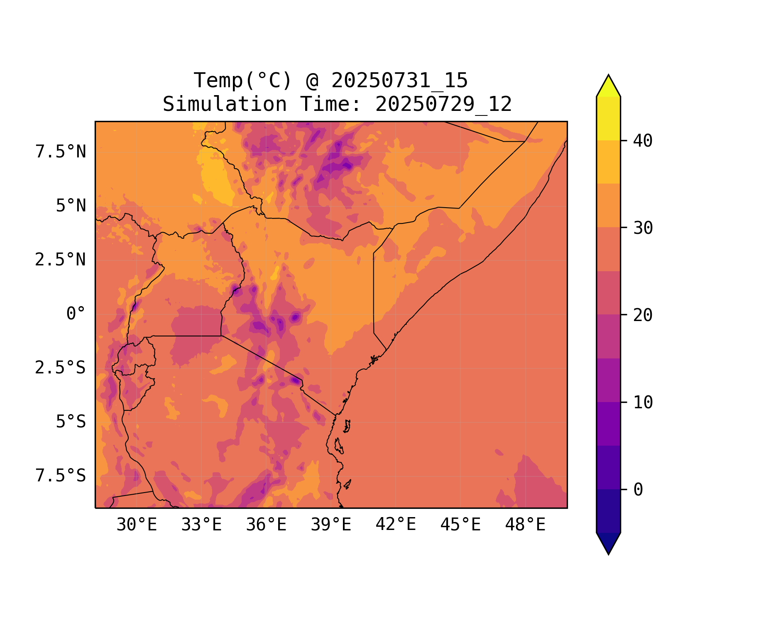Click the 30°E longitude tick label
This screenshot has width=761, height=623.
[137, 525]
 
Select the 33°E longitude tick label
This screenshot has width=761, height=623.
[201, 525]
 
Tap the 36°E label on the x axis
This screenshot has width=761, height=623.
[266, 525]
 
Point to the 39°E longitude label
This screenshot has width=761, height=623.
[331, 525]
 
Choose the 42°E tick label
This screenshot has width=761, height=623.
[396, 525]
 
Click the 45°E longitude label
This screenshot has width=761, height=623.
[460, 525]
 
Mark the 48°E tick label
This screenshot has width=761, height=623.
[525, 525]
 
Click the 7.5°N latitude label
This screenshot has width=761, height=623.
[61, 152]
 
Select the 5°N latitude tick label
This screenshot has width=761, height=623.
[71, 206]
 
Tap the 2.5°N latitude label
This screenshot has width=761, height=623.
[61, 260]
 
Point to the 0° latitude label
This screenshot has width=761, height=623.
[76, 314]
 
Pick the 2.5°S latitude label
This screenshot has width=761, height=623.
[61, 368]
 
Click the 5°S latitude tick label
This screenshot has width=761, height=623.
[71, 422]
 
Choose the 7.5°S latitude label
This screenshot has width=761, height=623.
[61, 476]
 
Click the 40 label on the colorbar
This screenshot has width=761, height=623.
[643, 141]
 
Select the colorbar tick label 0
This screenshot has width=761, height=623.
[638, 490]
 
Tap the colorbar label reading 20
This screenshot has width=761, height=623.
[643, 316]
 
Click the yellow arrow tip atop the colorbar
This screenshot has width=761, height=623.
[608, 76]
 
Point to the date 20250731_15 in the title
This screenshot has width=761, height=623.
[400, 81]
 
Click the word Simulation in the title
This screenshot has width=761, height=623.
[225, 104]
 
